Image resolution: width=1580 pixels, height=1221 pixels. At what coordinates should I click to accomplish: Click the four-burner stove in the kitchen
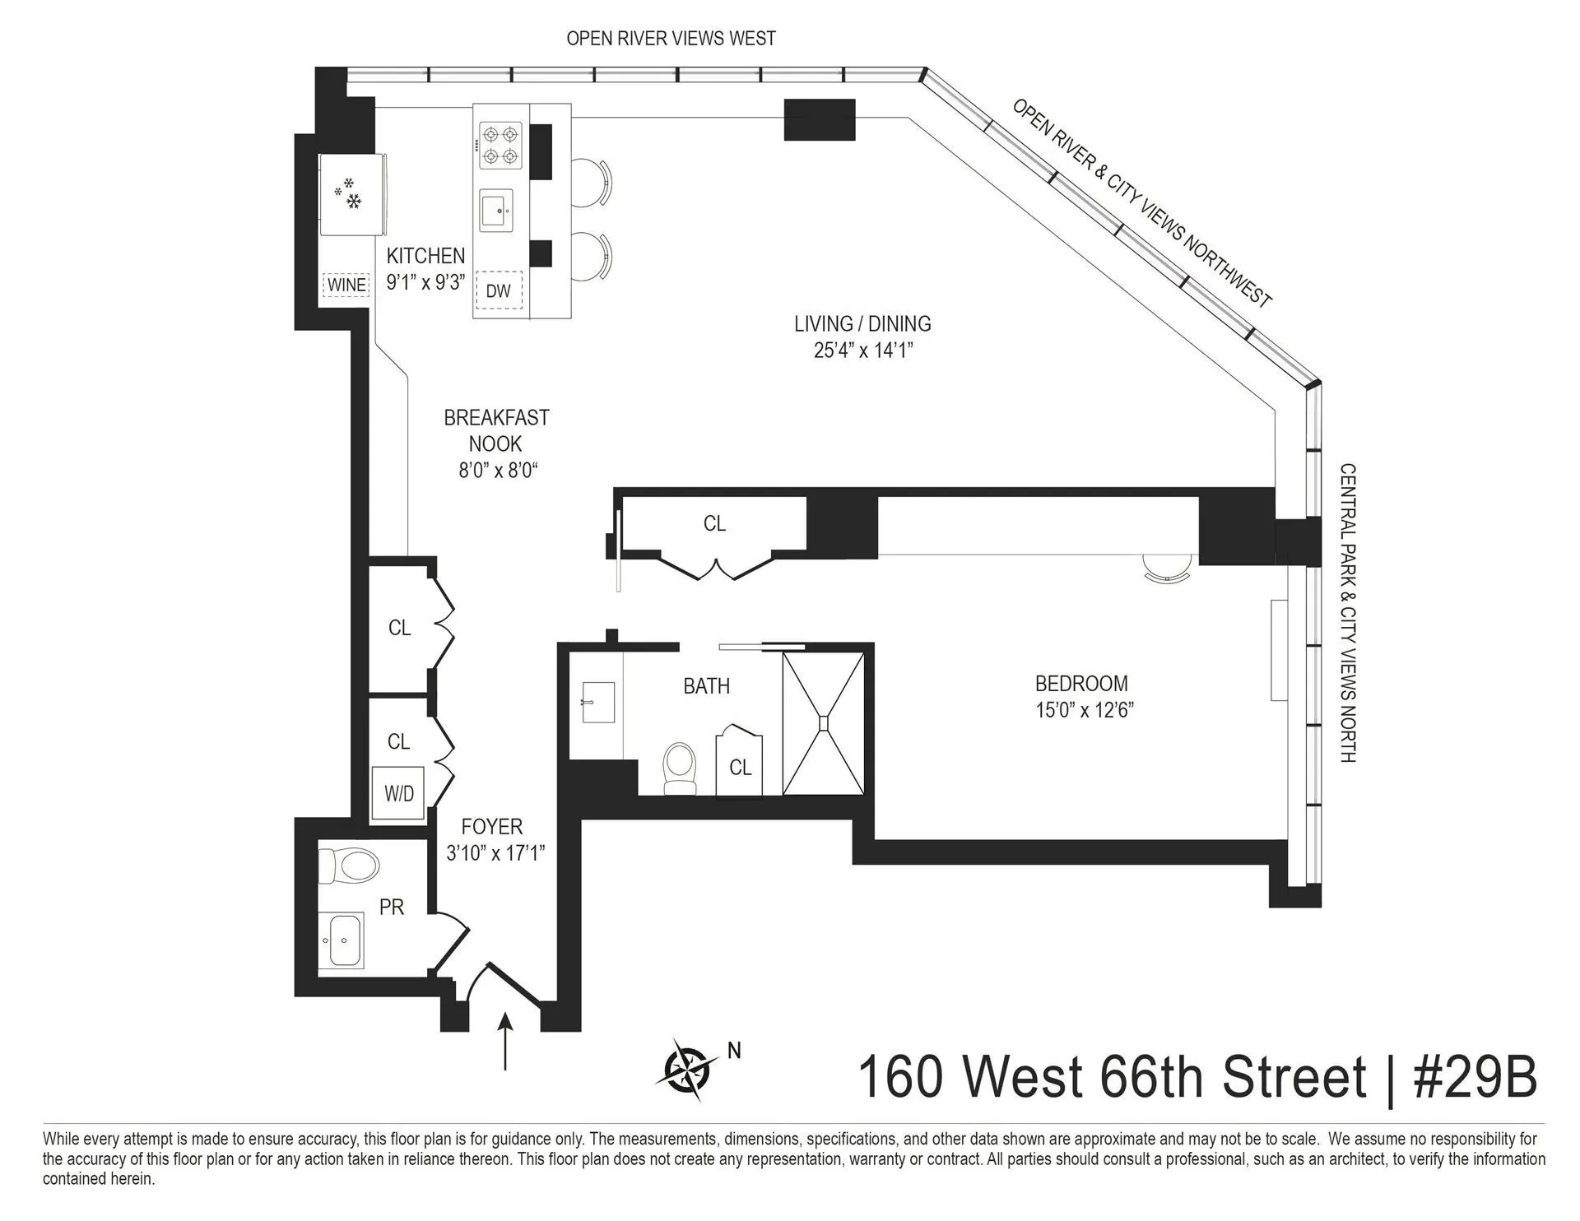501,146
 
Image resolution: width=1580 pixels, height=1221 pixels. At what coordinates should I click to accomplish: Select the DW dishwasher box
499,290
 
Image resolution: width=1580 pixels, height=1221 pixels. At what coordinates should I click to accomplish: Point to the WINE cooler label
346,285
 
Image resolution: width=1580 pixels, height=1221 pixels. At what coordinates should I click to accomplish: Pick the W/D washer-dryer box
399,793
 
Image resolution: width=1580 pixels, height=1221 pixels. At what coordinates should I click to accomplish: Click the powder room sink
341,940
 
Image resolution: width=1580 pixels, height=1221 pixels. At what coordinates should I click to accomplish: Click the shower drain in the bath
824,723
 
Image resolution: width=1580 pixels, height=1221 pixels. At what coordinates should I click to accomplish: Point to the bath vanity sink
598,702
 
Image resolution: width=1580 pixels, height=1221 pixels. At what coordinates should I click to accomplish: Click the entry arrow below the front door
505,1041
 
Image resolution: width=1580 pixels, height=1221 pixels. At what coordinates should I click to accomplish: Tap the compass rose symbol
687,1070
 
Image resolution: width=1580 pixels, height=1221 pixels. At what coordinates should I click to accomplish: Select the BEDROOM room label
1081,683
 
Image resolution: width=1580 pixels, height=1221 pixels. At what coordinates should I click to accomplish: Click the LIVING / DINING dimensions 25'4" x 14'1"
863,351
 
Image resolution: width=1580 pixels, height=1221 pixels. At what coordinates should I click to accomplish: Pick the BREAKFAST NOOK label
496,430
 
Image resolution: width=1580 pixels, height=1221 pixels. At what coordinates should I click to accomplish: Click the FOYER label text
492,826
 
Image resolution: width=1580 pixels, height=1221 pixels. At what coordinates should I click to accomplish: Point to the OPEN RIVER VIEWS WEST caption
671,38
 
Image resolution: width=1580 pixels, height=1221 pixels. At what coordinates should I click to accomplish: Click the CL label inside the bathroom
741,767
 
